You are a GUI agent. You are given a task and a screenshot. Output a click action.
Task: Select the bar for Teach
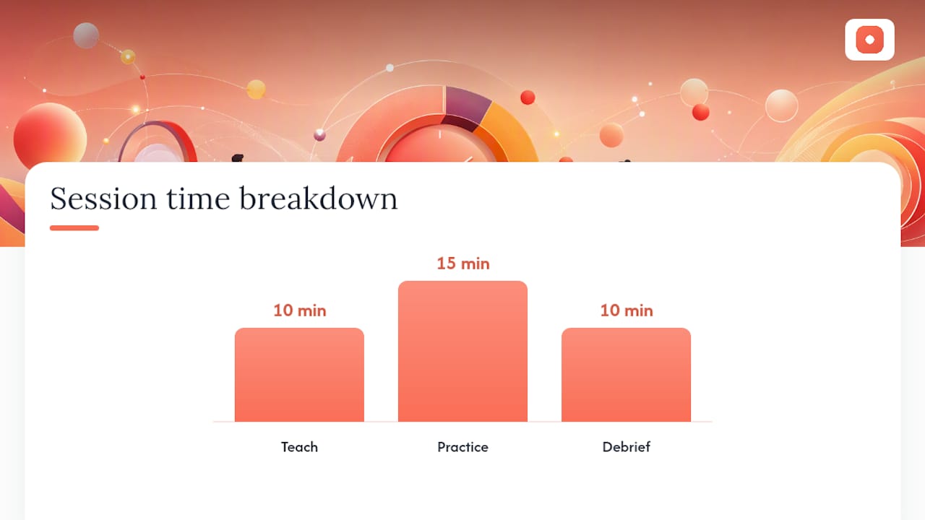pyautogui.click(x=299, y=375)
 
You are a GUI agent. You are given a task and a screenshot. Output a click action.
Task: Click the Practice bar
pyautogui.click(x=462, y=351)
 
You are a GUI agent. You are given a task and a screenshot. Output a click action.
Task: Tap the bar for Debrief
pyautogui.click(x=626, y=375)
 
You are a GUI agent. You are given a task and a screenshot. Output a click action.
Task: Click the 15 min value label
pyautogui.click(x=463, y=264)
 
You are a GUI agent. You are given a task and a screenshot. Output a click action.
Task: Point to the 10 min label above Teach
pyautogui.click(x=300, y=311)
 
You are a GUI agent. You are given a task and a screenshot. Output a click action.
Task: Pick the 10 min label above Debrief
pyautogui.click(x=627, y=311)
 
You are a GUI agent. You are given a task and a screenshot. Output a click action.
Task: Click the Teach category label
pyautogui.click(x=299, y=446)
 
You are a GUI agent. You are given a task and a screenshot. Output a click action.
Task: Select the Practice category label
pyautogui.click(x=462, y=446)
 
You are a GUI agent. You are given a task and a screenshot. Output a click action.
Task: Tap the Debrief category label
pyautogui.click(x=626, y=446)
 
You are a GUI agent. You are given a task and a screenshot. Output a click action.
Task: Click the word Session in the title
pyautogui.click(x=103, y=199)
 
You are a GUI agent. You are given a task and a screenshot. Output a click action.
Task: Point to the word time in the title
pyautogui.click(x=198, y=199)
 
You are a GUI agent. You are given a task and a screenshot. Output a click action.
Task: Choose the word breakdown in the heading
pyautogui.click(x=319, y=198)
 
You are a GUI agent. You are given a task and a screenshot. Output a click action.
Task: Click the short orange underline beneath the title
pyautogui.click(x=74, y=227)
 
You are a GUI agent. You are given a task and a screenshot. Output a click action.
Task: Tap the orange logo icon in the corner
pyautogui.click(x=869, y=40)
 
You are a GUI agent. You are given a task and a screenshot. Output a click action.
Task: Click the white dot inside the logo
pyautogui.click(x=869, y=40)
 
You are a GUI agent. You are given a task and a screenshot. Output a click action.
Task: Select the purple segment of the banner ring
pyautogui.click(x=468, y=105)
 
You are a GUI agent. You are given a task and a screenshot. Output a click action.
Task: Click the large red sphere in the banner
pyautogui.click(x=50, y=135)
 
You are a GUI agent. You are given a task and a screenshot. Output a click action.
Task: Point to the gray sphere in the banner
pyautogui.click(x=86, y=35)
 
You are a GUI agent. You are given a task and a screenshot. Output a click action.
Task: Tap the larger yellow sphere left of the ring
pyautogui.click(x=256, y=90)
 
